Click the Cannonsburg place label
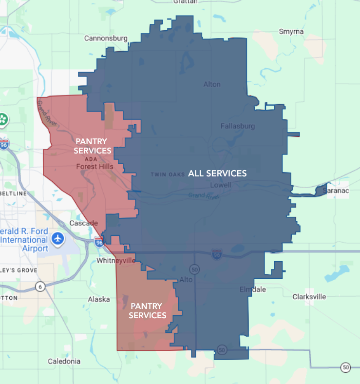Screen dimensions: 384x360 106,38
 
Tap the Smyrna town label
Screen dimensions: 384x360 291,32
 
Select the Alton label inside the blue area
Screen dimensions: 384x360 212,84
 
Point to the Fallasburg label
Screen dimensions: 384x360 238,126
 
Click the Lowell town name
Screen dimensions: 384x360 221,185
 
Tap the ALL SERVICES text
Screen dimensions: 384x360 217,173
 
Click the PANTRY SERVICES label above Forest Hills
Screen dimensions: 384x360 93,146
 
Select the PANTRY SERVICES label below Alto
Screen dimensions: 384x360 148,310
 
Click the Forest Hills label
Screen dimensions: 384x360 95,166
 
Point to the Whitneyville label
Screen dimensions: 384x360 115,261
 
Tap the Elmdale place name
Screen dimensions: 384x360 253,289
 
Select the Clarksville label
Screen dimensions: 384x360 309,297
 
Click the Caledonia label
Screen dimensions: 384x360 64,361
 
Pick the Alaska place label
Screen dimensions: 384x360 98,299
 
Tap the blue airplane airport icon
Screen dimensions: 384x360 58,239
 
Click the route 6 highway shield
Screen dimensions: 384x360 40,286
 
